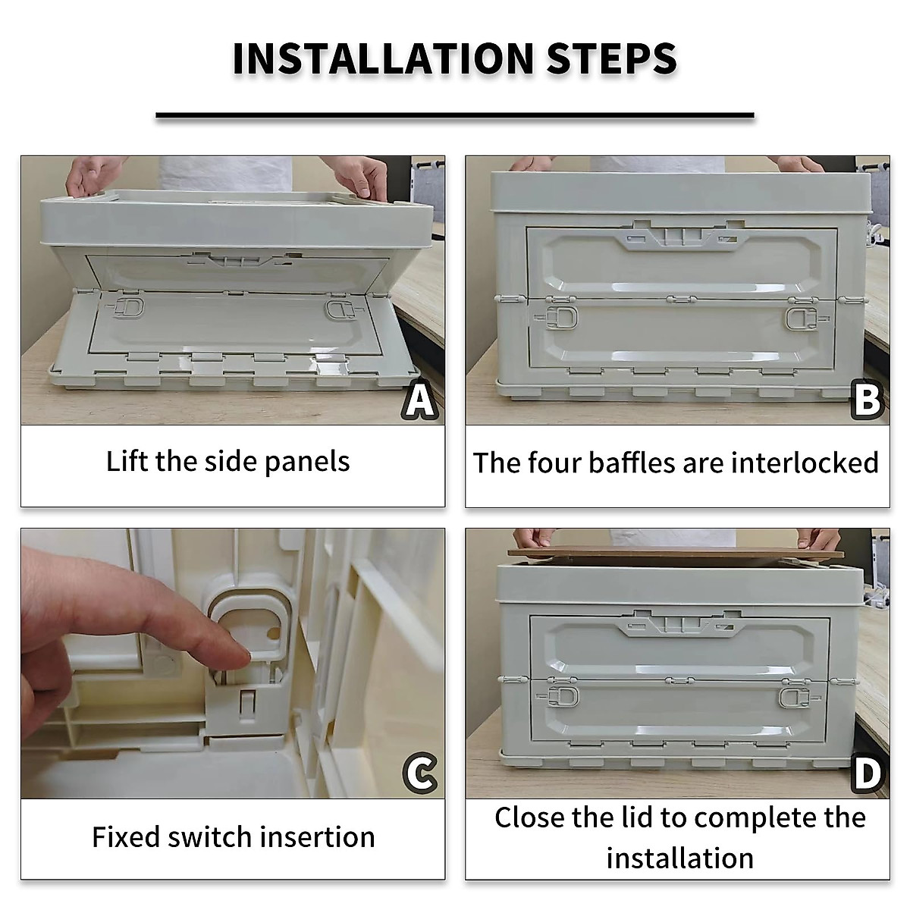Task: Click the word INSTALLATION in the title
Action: click(x=383, y=58)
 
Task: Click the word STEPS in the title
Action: click(x=611, y=58)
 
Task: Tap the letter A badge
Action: click(x=419, y=399)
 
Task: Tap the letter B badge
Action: click(x=867, y=400)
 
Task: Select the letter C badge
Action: click(x=419, y=773)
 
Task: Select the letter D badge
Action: click(x=868, y=773)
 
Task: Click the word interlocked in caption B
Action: click(x=805, y=463)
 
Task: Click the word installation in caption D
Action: click(x=679, y=858)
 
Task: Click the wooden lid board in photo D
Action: click(x=676, y=554)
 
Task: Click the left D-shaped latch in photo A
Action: click(x=127, y=308)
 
